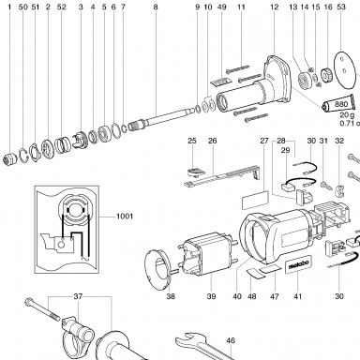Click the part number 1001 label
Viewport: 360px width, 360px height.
click(x=125, y=216)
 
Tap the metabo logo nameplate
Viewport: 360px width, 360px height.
click(x=298, y=264)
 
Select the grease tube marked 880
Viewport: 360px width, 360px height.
click(x=338, y=104)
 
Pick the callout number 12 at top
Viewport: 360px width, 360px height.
click(x=274, y=7)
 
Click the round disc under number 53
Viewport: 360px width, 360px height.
click(x=346, y=69)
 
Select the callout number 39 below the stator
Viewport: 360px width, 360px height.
click(x=212, y=296)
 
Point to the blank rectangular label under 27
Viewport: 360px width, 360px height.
click(x=255, y=200)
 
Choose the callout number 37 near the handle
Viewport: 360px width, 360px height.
click(x=78, y=296)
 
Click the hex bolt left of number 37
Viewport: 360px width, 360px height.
click(x=42, y=309)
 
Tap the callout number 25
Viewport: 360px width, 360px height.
click(x=192, y=141)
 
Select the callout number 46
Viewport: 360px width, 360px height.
click(x=231, y=340)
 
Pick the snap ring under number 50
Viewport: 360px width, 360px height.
click(x=22, y=156)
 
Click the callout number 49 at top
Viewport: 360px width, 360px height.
click(x=221, y=7)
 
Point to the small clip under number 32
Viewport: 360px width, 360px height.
click(x=339, y=190)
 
